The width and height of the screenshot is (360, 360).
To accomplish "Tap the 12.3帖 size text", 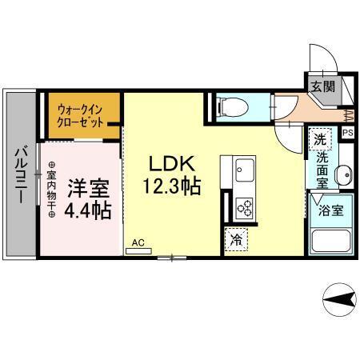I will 172,187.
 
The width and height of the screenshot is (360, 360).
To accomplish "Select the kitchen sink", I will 243,170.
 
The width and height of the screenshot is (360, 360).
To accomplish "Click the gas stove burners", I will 243,207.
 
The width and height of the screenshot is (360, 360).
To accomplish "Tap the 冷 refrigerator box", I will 237,238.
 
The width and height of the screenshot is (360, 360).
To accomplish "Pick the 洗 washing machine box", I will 320,138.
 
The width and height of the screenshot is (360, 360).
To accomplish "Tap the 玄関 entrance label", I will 324,86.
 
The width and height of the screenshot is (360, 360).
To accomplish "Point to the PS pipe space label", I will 348,134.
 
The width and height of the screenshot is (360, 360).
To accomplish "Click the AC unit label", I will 138,241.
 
